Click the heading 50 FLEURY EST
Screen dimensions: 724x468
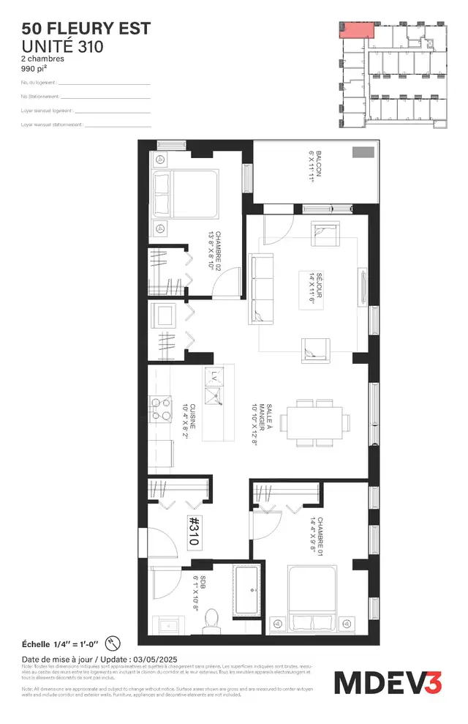click(86, 29)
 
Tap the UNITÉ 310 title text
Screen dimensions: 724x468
click(62, 46)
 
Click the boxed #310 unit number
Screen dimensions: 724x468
click(195, 530)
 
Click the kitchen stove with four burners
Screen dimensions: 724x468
click(157, 408)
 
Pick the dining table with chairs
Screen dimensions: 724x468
click(317, 422)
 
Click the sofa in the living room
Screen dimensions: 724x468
click(260, 288)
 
